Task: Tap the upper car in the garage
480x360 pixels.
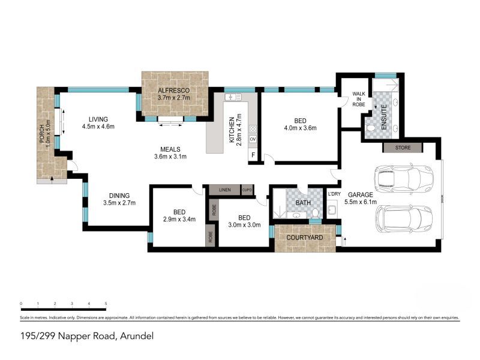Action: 404,178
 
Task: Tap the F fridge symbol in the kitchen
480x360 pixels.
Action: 253,155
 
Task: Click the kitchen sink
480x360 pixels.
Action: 232,97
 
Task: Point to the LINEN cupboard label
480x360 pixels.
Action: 225,190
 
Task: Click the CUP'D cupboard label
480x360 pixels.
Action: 247,190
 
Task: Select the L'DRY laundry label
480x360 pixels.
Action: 334,194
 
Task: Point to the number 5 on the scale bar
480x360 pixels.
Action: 106,303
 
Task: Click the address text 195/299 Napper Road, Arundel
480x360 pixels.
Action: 86,336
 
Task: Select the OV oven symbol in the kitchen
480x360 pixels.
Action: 253,139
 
